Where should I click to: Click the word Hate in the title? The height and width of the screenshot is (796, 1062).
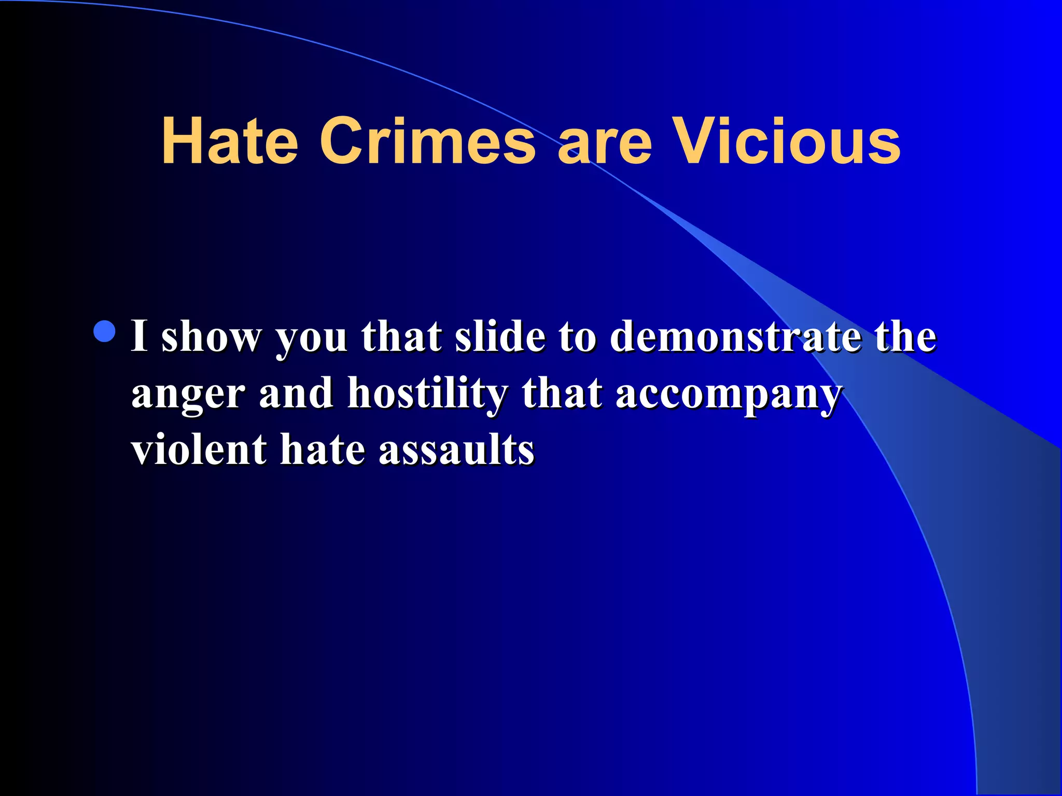230,141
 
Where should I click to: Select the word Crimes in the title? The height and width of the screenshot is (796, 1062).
427,141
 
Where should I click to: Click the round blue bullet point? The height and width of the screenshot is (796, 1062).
105,332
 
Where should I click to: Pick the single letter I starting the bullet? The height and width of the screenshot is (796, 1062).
139,336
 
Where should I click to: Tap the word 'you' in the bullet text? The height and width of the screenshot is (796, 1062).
312,340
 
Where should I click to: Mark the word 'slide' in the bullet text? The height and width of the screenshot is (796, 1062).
500,336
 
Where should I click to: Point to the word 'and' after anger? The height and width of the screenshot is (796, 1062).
296,392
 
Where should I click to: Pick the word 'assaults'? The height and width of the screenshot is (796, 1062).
456,450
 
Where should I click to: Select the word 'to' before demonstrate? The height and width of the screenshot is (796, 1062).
577,337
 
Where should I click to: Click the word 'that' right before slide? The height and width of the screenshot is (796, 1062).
402,336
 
